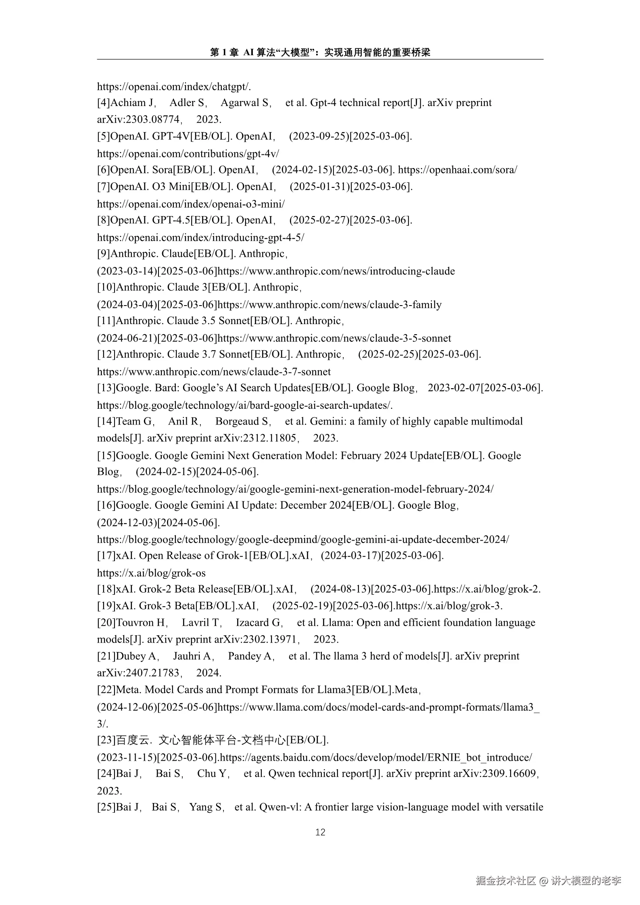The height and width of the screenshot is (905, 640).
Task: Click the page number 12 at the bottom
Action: point(320,832)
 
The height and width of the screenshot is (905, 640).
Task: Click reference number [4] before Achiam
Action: point(104,103)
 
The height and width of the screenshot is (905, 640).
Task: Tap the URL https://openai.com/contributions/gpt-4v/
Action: point(188,154)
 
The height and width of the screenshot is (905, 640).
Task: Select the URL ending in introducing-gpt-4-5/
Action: point(200,237)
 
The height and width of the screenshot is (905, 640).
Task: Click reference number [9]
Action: point(104,254)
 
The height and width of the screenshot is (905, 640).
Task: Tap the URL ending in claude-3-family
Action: point(329,305)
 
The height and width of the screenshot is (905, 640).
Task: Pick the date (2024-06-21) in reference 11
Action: point(127,338)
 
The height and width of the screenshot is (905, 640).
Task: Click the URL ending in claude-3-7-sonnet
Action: point(214,372)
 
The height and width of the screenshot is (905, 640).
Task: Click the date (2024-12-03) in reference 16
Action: point(127,523)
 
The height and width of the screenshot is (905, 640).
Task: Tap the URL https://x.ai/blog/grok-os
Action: point(151,573)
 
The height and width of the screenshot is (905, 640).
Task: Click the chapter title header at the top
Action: point(320,52)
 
